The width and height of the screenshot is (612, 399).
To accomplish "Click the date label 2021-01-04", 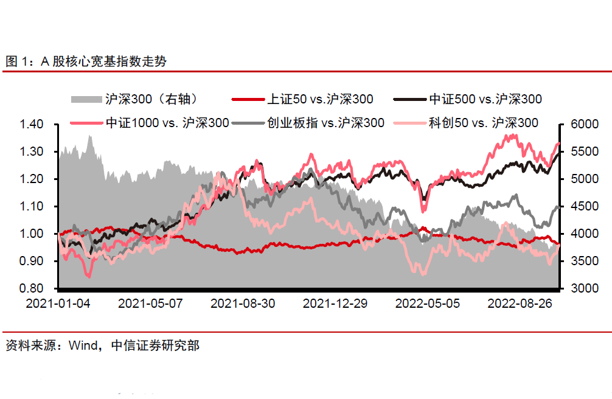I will (x=58, y=303).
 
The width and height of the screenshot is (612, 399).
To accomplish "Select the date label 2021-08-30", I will (x=243, y=303).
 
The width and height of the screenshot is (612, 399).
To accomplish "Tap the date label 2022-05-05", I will (x=428, y=303).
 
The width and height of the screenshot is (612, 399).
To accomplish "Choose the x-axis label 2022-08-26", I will (x=520, y=303).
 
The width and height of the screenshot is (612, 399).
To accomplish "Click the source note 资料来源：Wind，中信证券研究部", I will (x=102, y=346).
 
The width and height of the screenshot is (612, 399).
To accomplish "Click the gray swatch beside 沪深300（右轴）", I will (x=85, y=99).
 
